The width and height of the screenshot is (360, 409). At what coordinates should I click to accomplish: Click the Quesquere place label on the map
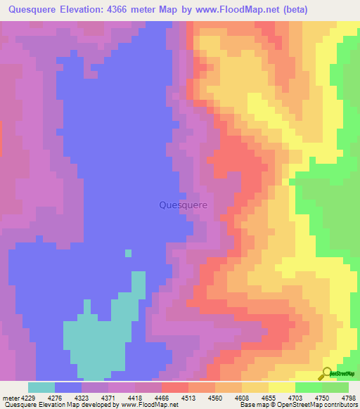[x=184, y=205]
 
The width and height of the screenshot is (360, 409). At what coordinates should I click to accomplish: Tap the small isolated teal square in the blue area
[x=128, y=253]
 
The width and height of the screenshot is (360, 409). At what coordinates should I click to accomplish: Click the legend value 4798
[x=347, y=397]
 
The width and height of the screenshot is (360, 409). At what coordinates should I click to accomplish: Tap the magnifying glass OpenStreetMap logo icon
[x=326, y=373]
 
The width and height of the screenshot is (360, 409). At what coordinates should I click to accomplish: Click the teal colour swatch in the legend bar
[x=41, y=387]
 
